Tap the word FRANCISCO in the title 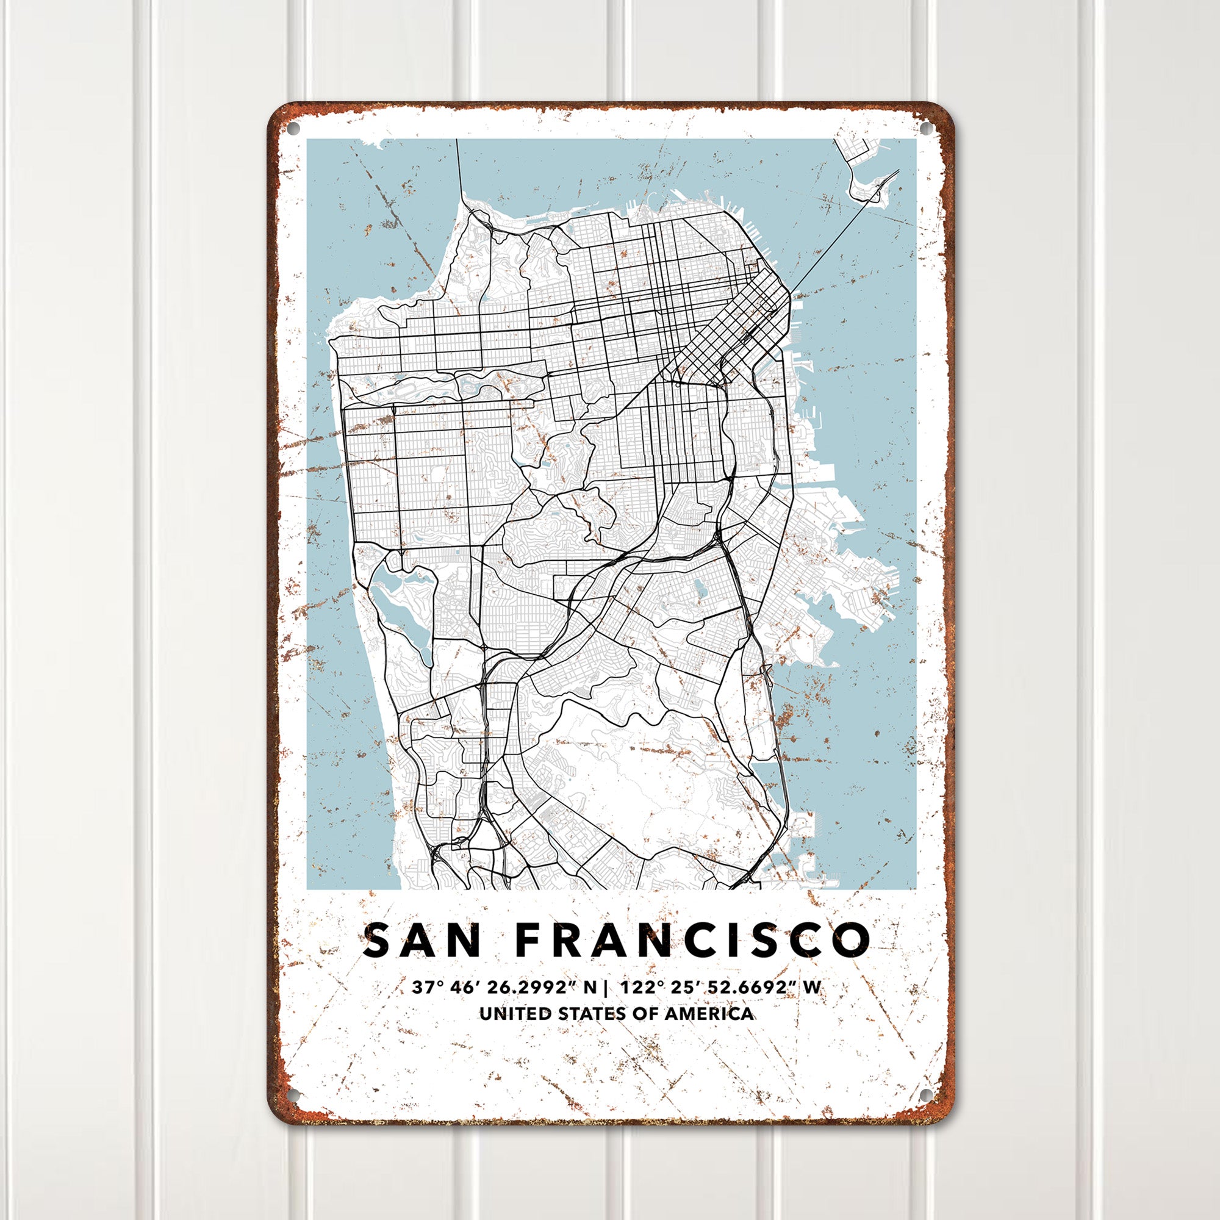[x=693, y=940]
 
